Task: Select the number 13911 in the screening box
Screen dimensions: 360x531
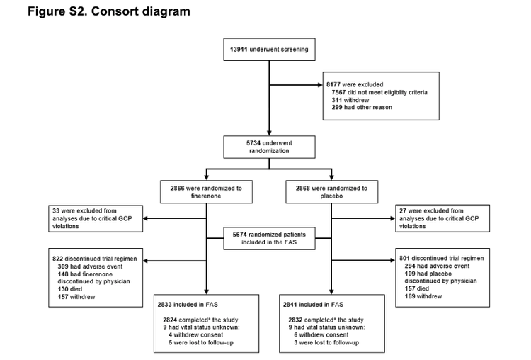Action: pos(239,49)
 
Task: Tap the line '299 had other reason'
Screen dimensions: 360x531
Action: pos(361,107)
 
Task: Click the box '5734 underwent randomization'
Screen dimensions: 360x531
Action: pos(268,146)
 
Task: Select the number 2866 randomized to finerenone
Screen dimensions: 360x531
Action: pos(174,189)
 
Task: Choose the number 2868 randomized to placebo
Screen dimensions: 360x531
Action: pos(299,189)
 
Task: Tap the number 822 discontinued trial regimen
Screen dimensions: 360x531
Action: pos(59,259)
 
